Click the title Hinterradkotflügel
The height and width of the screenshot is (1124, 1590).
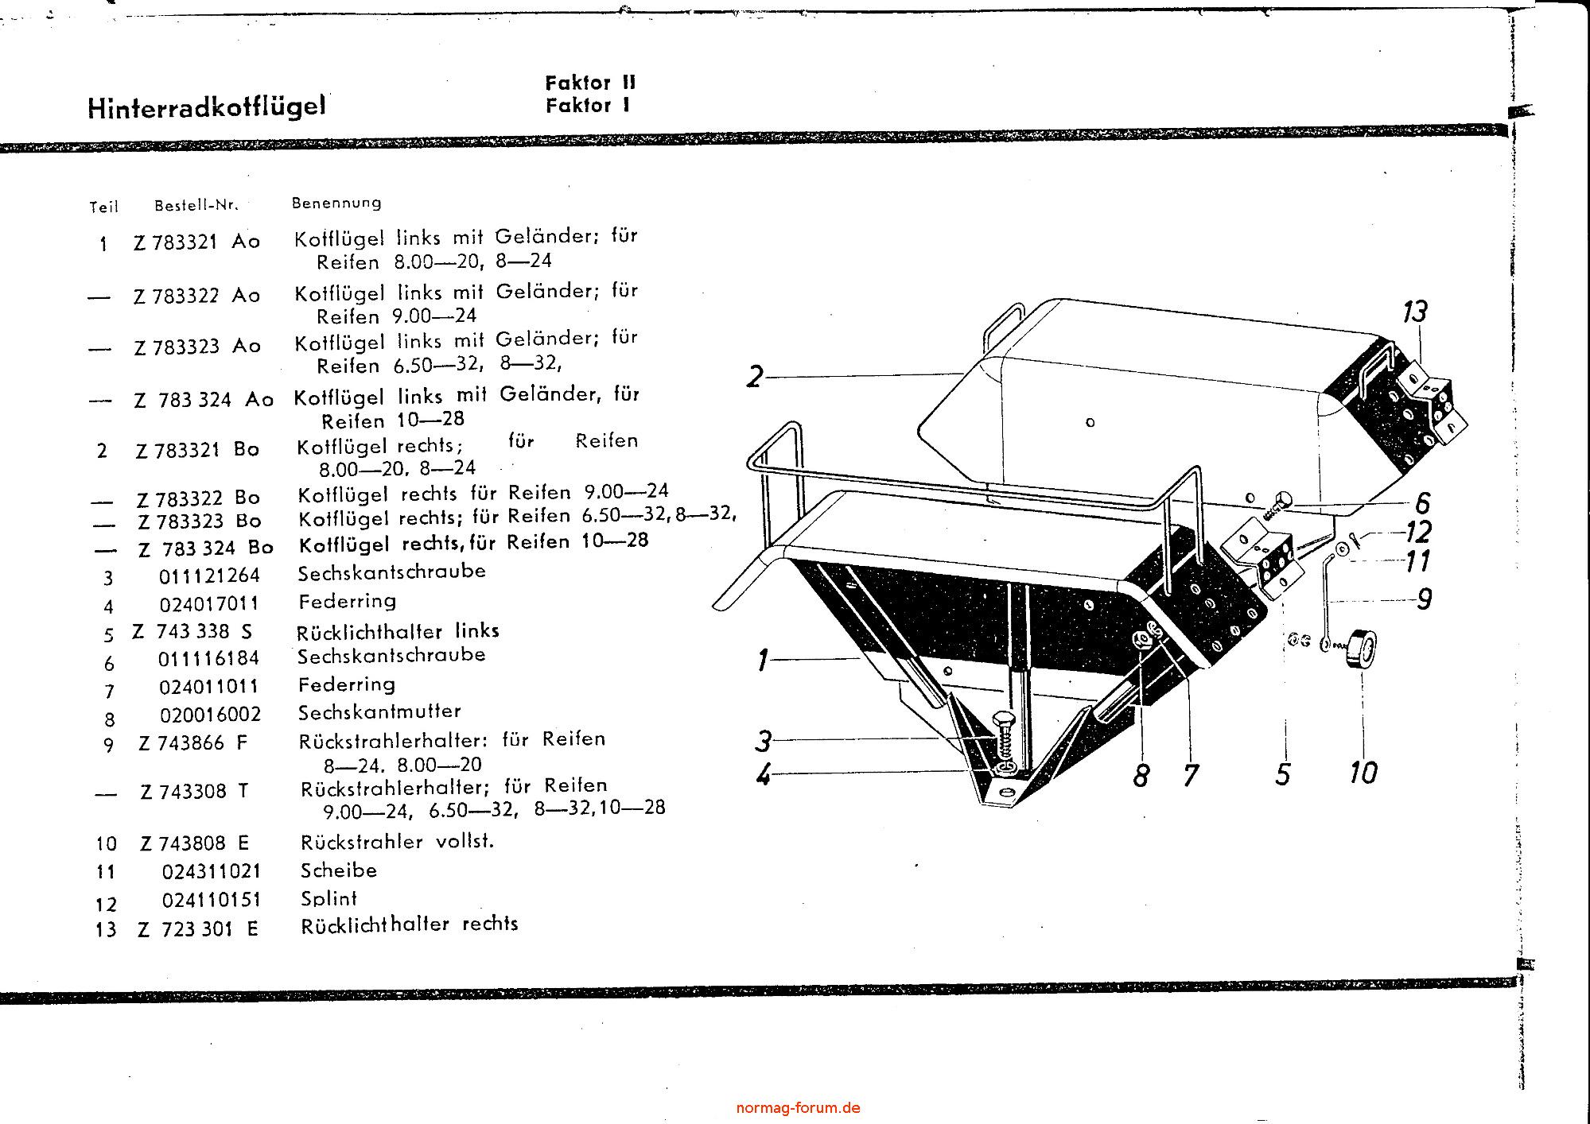tap(207, 107)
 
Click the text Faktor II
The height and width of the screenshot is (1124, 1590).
tap(590, 83)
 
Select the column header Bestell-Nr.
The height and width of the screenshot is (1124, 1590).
tap(196, 205)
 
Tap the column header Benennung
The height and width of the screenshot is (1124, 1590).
tap(336, 203)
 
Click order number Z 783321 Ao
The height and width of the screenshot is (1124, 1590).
tap(196, 242)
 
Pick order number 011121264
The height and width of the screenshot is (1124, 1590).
tap(210, 575)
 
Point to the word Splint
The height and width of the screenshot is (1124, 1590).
tap(328, 898)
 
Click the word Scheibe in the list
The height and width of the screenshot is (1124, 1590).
tap(338, 870)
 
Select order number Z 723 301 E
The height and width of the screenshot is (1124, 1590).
tap(198, 928)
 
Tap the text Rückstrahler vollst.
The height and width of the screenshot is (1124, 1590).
tap(397, 841)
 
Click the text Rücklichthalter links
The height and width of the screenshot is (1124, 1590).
tap(398, 631)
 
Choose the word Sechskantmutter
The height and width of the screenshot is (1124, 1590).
tap(379, 711)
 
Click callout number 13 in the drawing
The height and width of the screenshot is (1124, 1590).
tap(1414, 311)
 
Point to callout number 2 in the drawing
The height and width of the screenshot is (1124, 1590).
tap(754, 376)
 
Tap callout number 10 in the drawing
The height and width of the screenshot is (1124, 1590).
tap(1363, 771)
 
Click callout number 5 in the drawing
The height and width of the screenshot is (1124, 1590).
tap(1282, 773)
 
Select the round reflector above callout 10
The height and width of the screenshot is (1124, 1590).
tap(1359, 649)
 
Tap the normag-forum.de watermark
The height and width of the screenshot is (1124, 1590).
tap(798, 1107)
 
